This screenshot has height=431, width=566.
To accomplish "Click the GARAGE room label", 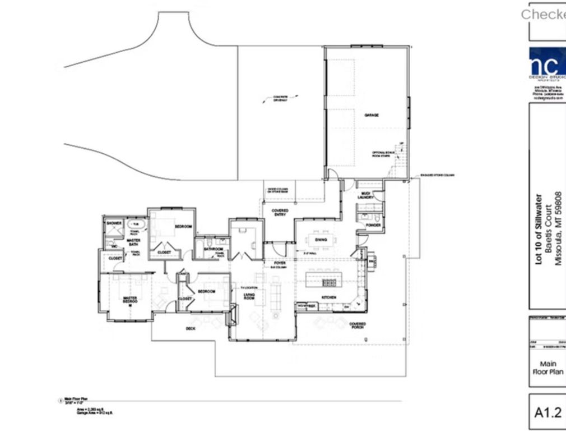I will pos(372,114).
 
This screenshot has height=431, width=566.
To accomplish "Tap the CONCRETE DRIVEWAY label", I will pos(280,98).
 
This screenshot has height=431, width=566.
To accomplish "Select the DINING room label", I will pos(321,240).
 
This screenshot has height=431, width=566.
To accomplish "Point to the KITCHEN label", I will pos(328,296).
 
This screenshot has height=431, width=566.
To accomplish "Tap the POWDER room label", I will pos(373,226).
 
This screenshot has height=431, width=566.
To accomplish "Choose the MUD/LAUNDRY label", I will pos(366,195).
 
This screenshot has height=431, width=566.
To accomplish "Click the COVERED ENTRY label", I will pos(280,213).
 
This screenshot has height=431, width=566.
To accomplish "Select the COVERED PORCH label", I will pos(358,326).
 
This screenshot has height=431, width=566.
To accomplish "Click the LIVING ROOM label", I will pos(249,297).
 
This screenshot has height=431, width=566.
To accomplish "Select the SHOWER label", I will pos(114,223).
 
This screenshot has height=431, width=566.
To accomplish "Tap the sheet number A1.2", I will pos(548,412).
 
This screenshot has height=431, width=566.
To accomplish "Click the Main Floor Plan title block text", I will pos(548,368).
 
